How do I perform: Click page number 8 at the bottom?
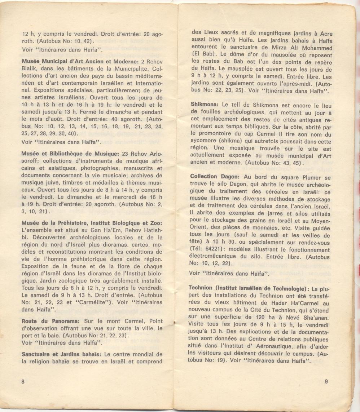point(23,382)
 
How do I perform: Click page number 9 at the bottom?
point(326,382)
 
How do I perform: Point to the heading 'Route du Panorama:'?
point(52,320)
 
